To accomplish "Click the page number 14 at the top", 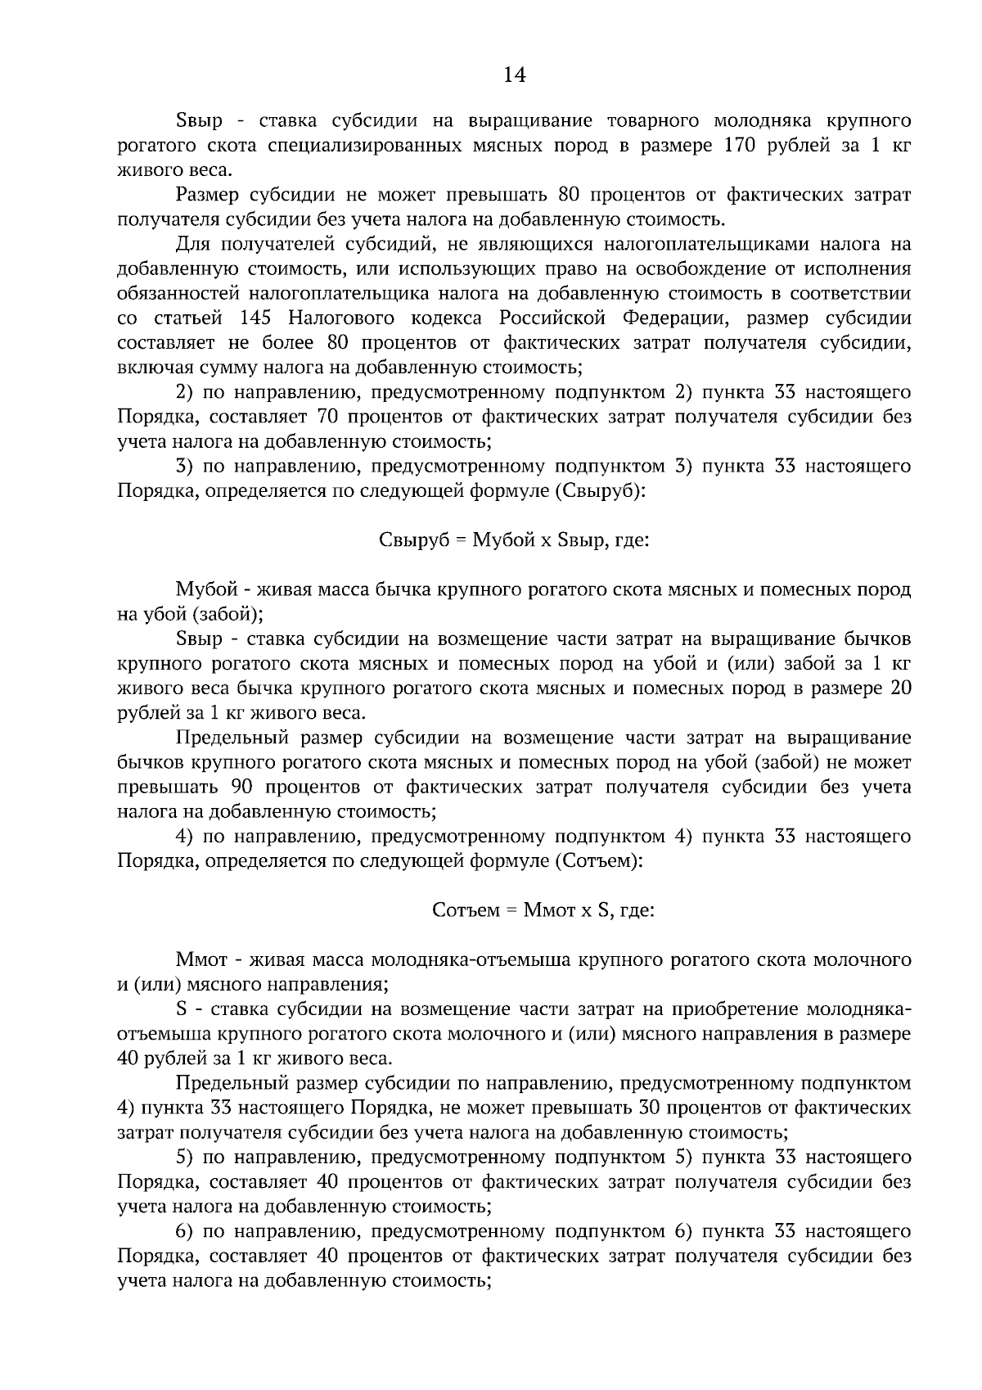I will (x=513, y=75).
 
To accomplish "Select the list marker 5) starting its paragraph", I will (x=184, y=1158).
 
